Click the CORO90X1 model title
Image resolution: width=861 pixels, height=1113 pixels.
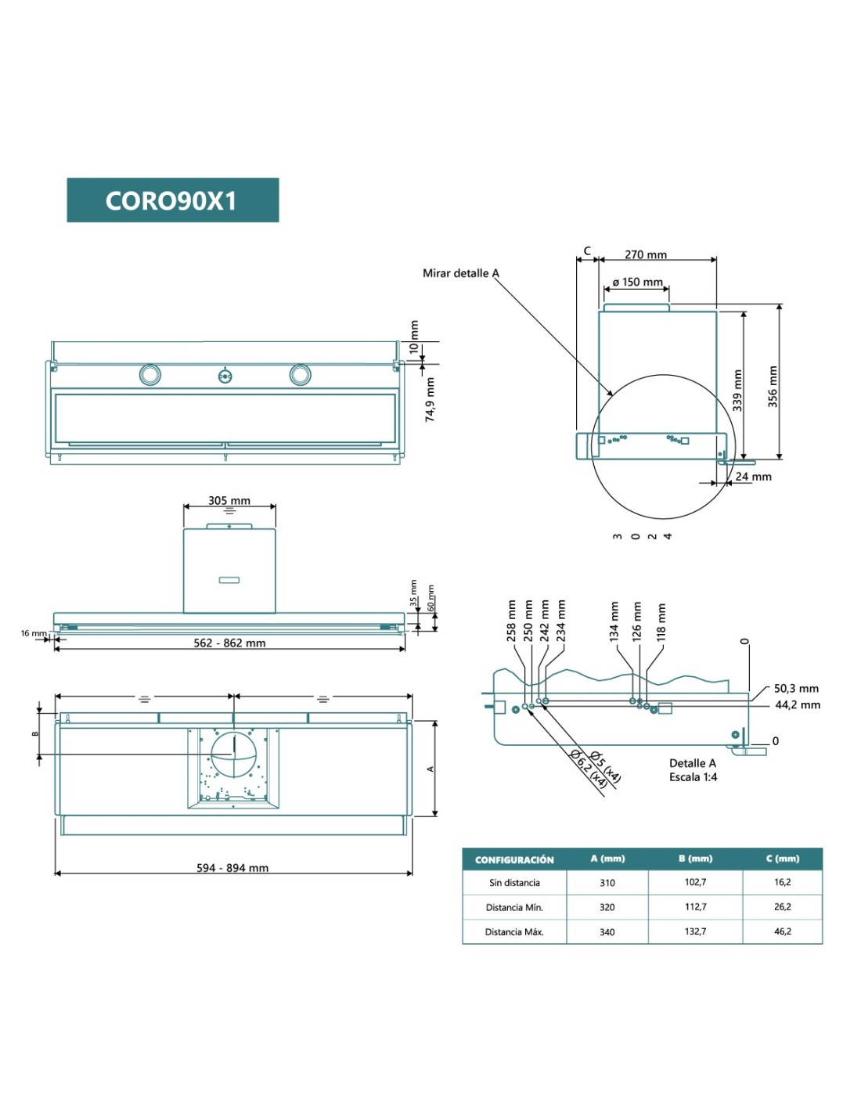[x=171, y=201]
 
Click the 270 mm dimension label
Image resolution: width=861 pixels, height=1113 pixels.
[x=646, y=254]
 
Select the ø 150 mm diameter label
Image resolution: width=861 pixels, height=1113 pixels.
[x=637, y=282]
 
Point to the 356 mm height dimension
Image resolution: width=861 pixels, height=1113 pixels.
[x=773, y=386]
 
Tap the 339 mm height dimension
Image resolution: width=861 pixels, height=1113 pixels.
[x=737, y=391]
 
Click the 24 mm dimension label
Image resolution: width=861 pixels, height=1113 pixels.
[x=753, y=476]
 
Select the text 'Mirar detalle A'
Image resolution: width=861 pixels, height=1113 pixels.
[x=460, y=273]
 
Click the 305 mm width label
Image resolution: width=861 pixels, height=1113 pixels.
[x=229, y=500]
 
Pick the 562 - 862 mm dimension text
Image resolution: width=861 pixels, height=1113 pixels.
[x=229, y=643]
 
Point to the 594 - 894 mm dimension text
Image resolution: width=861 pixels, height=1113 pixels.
[x=232, y=867]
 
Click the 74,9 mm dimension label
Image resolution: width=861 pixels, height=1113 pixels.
[x=430, y=399]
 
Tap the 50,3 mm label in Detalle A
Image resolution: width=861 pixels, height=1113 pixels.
[x=796, y=688]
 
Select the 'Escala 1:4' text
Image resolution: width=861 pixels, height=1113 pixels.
[x=693, y=776]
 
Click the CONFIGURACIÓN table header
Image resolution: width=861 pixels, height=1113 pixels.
[x=514, y=859]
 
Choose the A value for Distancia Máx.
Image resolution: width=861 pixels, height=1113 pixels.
[x=607, y=931]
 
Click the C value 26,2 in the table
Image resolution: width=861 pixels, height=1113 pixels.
[x=782, y=906]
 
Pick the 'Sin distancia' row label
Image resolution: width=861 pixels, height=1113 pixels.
[x=514, y=882]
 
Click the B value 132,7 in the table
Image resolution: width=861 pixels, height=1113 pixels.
[x=695, y=931]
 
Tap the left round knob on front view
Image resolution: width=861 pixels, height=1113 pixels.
[x=150, y=375]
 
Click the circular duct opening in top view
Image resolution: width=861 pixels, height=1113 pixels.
[x=233, y=755]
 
